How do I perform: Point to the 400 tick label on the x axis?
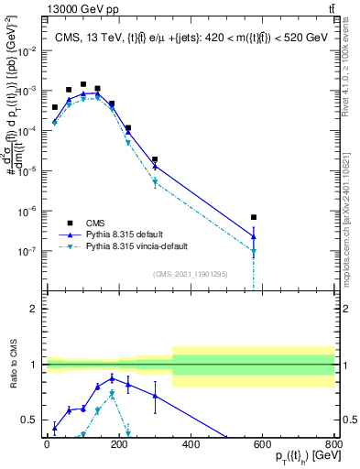(191, 444)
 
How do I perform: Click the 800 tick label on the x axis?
(334, 444)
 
